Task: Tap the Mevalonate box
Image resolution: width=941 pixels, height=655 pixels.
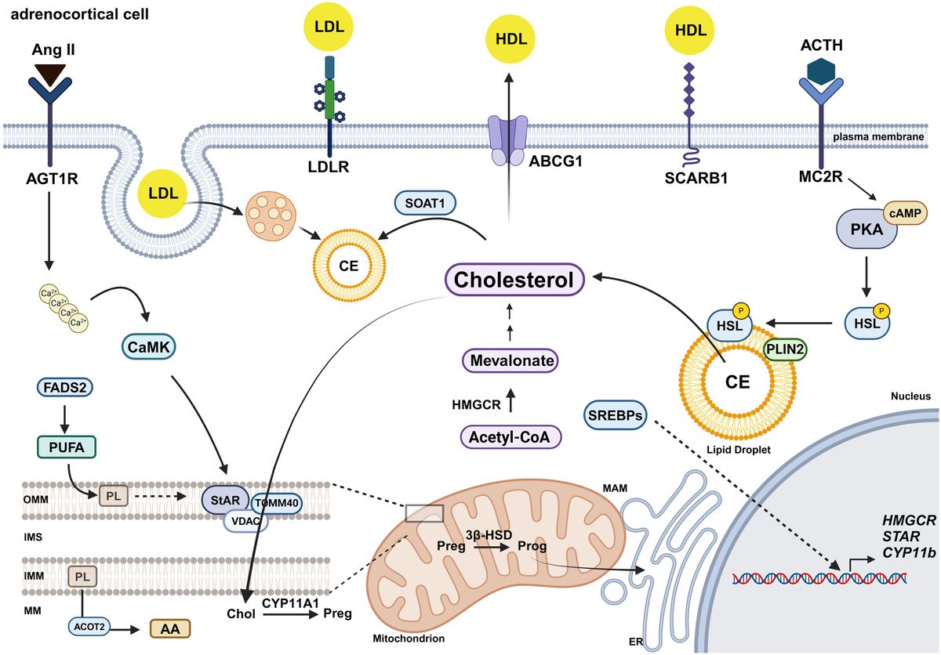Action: click(510, 361)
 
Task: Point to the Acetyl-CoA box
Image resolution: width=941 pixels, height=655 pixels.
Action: click(511, 435)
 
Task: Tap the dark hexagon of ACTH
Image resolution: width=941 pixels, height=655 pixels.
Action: click(821, 72)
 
